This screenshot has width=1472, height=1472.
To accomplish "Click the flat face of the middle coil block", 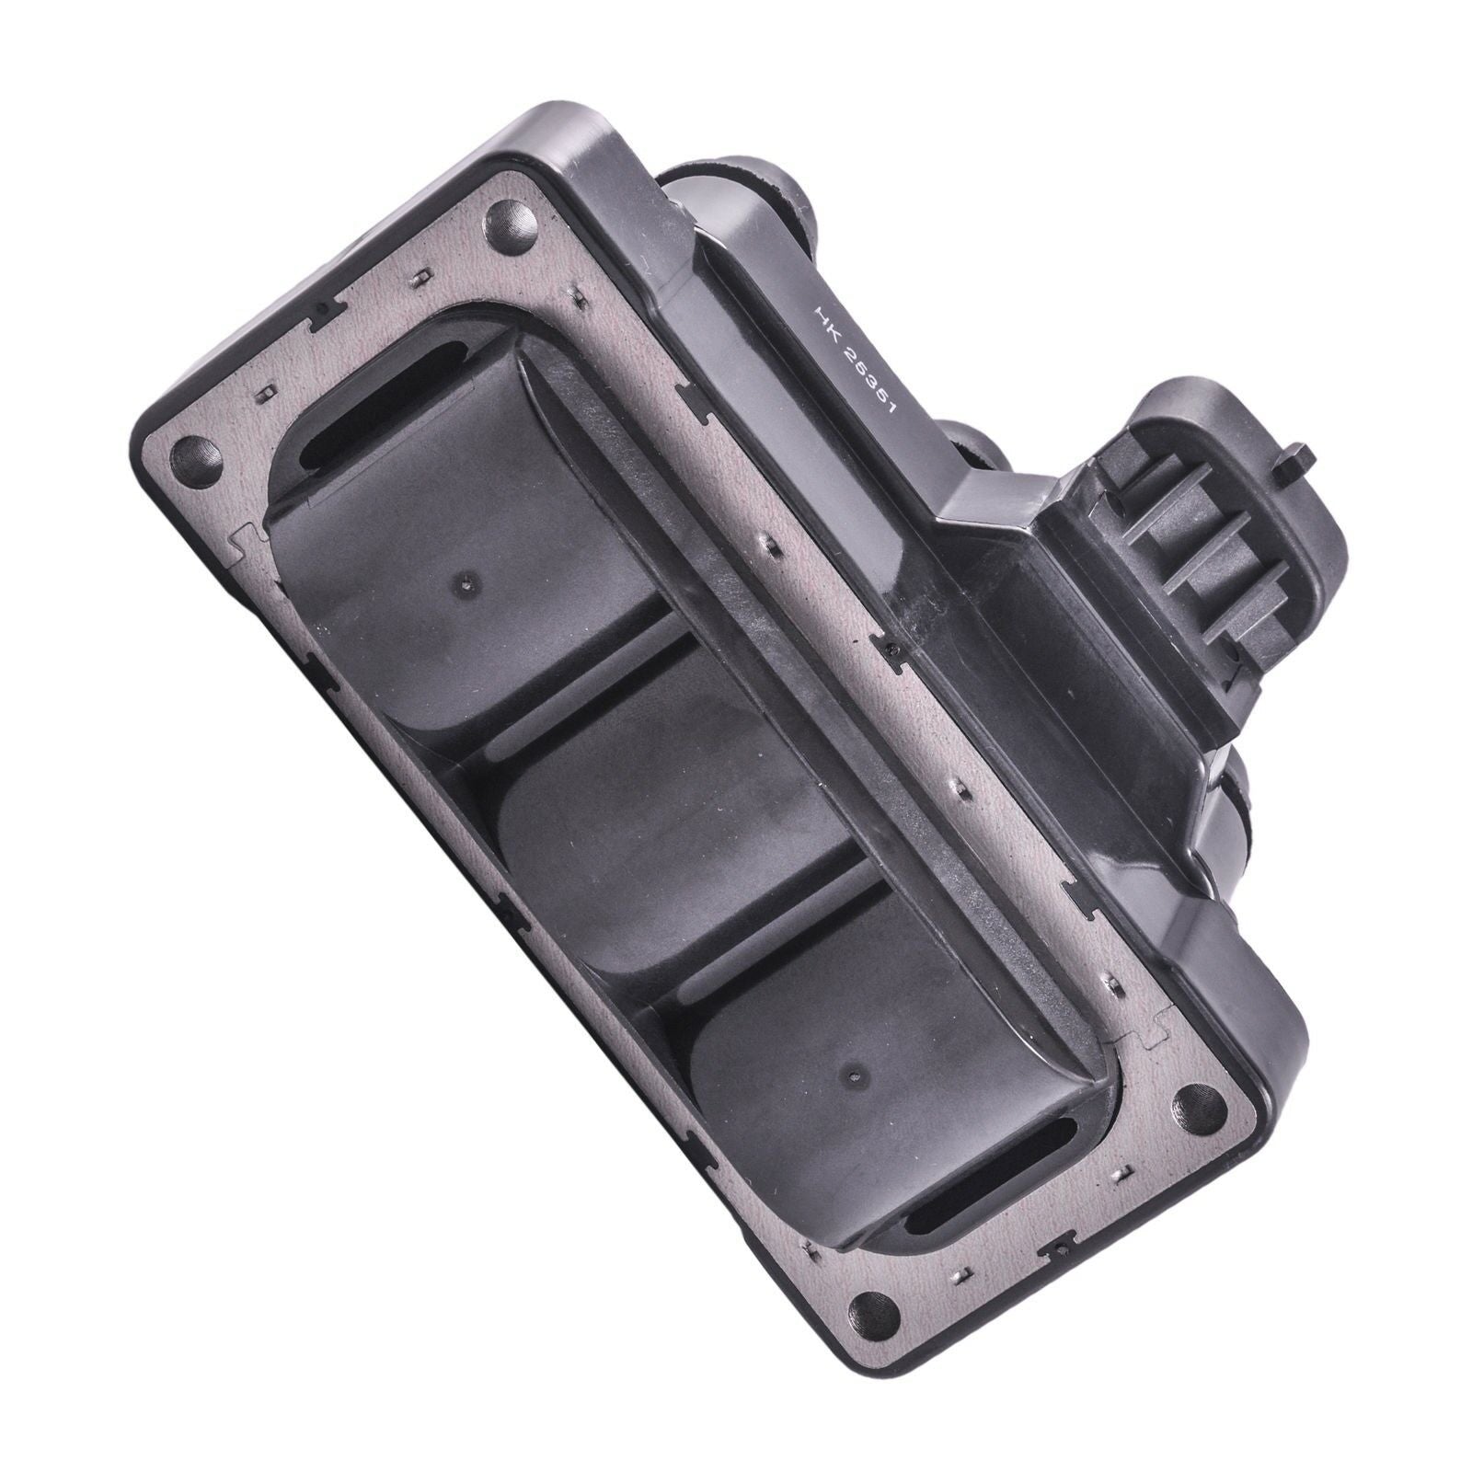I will [x=644, y=810].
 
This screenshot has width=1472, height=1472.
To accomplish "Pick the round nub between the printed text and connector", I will [x=975, y=432].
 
